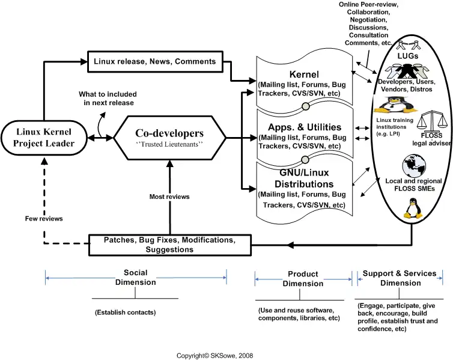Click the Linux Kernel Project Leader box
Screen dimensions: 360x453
tap(44, 138)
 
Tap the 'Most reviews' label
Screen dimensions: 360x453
tap(169, 197)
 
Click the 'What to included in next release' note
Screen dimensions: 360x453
tap(108, 99)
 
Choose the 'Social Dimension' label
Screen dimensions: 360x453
tap(136, 278)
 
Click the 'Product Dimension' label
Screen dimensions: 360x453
tap(303, 279)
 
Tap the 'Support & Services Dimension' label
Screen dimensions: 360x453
tap(400, 278)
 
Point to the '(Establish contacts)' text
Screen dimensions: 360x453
tap(125, 313)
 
